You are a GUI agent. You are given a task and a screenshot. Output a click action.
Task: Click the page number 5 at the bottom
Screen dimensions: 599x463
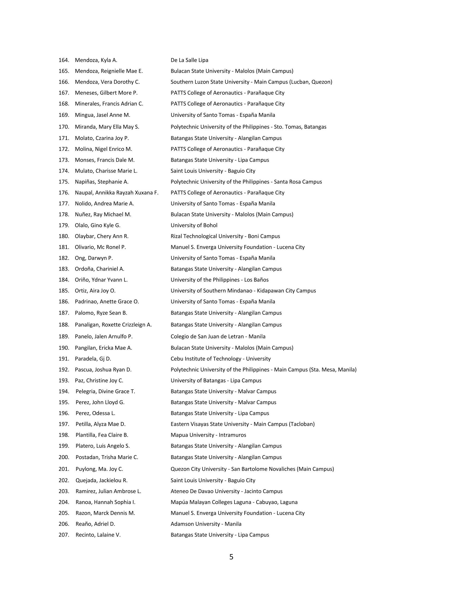coord(231,557)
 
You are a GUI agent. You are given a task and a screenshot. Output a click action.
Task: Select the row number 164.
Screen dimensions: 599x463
coord(64,60)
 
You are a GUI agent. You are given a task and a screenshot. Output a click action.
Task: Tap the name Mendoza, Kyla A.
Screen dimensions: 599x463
coord(96,60)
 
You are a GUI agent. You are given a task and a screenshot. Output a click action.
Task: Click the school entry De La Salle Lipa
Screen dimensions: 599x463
coord(189,60)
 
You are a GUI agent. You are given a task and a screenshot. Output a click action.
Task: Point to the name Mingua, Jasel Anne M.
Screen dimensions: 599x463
coord(103,115)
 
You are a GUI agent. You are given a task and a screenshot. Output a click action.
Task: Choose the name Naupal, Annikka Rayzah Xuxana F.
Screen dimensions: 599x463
coord(117,192)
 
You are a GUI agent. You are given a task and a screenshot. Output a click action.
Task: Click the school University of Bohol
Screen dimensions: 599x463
coord(194,225)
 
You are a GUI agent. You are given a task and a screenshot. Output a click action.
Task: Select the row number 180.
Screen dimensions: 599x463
coord(64,236)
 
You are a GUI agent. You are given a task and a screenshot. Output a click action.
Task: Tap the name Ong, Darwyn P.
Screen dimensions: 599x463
coord(94,258)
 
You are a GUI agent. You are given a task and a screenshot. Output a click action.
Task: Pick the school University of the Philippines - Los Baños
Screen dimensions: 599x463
coord(220,280)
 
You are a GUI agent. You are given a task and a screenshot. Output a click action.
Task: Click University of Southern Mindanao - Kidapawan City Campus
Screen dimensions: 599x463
coord(243,291)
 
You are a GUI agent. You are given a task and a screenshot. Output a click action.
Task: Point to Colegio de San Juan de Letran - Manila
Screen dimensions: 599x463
coord(218,336)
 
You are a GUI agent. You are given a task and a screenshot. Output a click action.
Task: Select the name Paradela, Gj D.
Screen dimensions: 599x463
coord(93,359)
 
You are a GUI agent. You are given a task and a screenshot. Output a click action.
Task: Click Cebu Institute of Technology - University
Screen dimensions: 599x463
coord(221,359)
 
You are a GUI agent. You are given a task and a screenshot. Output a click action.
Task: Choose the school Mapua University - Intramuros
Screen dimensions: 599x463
coord(208,435)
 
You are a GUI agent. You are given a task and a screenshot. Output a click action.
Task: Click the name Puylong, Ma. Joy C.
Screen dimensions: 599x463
coord(99,469)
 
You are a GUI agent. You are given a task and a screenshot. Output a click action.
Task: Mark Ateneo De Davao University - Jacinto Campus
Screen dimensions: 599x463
coord(226,491)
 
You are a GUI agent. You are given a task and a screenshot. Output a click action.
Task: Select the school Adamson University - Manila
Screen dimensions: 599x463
coord(206,524)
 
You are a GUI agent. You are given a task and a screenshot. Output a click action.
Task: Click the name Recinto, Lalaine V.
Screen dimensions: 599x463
coord(98,535)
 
